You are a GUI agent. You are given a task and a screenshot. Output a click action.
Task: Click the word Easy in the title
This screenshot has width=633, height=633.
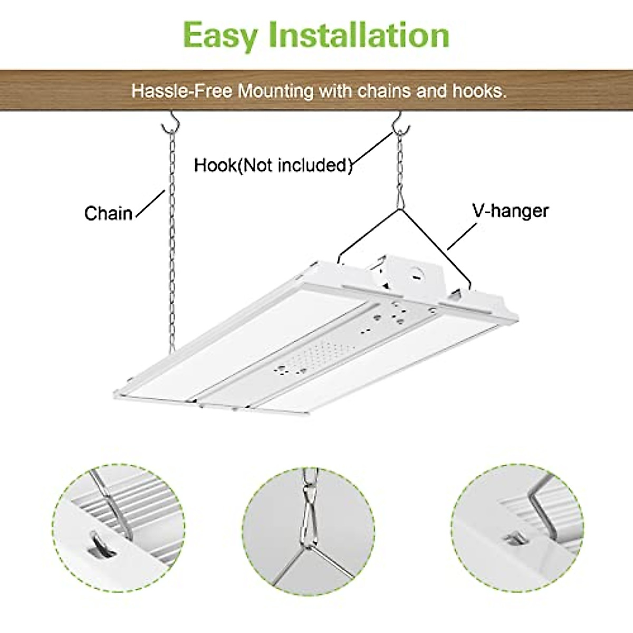point(220,35)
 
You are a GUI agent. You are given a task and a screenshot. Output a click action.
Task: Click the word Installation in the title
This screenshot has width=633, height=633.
point(359,34)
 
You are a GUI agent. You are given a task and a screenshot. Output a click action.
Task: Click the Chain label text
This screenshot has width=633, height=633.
point(109,214)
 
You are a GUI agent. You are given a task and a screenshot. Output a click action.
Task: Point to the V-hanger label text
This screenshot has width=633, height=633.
point(510,211)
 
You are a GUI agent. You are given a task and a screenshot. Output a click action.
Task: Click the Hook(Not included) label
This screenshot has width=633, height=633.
point(273,165)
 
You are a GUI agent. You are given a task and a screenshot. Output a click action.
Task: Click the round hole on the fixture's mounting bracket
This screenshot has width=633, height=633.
point(418,273)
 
